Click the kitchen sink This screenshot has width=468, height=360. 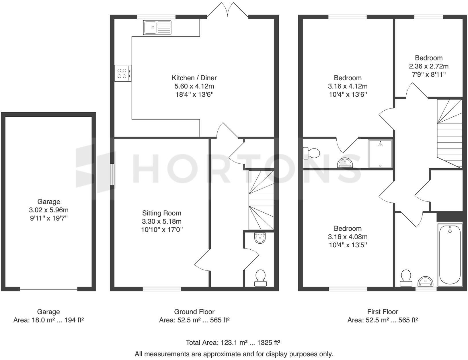[157, 28]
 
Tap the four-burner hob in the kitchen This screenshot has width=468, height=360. [123, 73]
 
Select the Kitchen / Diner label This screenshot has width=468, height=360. [194, 78]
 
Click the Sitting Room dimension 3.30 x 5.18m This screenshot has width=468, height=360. [162, 221]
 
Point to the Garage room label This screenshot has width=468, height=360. [48, 201]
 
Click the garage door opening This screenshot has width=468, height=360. [49, 289]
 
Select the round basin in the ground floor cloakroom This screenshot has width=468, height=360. [260, 238]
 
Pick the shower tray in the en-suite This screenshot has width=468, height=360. [380, 153]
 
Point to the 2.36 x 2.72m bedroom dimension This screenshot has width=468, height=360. [428, 66]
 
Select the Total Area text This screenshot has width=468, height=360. [233, 342]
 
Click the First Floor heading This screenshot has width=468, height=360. [383, 312]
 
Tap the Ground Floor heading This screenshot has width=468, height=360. [194, 312]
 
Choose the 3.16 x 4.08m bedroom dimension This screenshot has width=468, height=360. [348, 237]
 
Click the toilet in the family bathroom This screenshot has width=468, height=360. [406, 278]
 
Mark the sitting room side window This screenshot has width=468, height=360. [112, 174]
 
